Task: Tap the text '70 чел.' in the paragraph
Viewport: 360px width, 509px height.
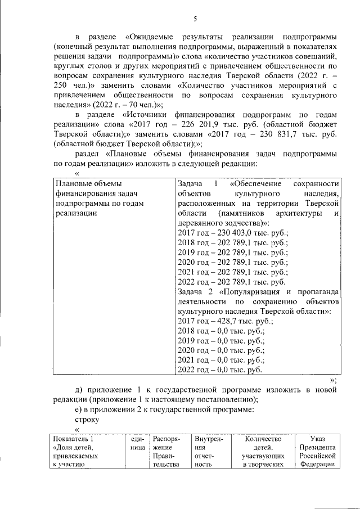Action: coord(146,104)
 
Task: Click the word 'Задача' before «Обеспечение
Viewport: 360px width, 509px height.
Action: coord(190,184)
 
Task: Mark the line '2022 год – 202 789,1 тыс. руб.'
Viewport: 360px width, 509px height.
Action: coord(231,282)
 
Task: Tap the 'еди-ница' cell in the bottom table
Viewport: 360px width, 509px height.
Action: coord(137,443)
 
